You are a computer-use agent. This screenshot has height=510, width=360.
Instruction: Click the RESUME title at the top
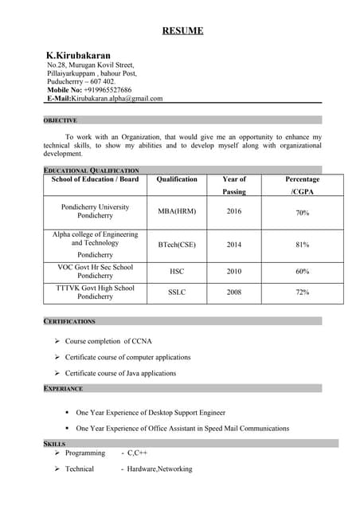click(x=182, y=31)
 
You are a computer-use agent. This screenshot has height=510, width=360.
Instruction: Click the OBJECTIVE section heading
click(x=61, y=120)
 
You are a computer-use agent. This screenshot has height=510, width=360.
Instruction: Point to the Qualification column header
click(x=177, y=179)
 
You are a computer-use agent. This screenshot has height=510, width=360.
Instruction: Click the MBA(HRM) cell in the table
click(x=177, y=211)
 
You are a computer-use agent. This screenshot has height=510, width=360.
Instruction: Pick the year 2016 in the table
click(x=234, y=211)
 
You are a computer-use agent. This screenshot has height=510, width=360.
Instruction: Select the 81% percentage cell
click(x=302, y=245)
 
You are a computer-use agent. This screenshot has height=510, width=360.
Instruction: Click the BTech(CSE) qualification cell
click(x=177, y=245)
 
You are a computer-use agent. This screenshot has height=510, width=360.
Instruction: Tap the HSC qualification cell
click(x=177, y=272)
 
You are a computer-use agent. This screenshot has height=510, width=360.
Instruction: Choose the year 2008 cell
click(x=234, y=292)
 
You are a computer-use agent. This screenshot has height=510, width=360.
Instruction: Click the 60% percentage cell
click(x=302, y=272)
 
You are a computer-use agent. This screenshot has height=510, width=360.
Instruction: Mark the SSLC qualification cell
click(x=177, y=292)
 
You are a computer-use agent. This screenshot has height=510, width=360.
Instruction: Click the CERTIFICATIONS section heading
click(x=69, y=321)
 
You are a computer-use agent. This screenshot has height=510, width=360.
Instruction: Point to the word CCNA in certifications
click(x=138, y=341)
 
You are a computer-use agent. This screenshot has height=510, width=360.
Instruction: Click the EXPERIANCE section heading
click(x=63, y=388)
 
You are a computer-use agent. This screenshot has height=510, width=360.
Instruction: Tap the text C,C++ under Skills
click(x=138, y=453)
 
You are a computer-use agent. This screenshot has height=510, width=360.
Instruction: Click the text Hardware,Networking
click(x=159, y=469)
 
